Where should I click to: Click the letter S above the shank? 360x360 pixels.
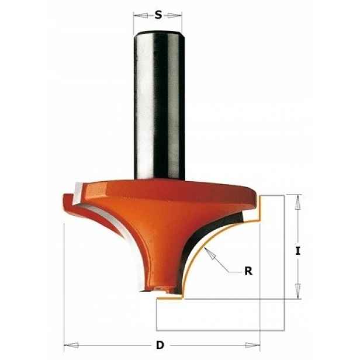158,15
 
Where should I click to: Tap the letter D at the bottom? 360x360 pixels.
160,345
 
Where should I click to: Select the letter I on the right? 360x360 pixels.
298,251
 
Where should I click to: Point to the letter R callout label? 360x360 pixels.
248,271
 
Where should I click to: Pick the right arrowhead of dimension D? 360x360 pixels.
252,345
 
